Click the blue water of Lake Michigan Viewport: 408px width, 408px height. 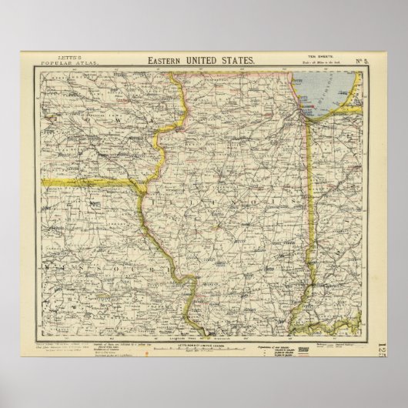(x=323, y=92)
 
